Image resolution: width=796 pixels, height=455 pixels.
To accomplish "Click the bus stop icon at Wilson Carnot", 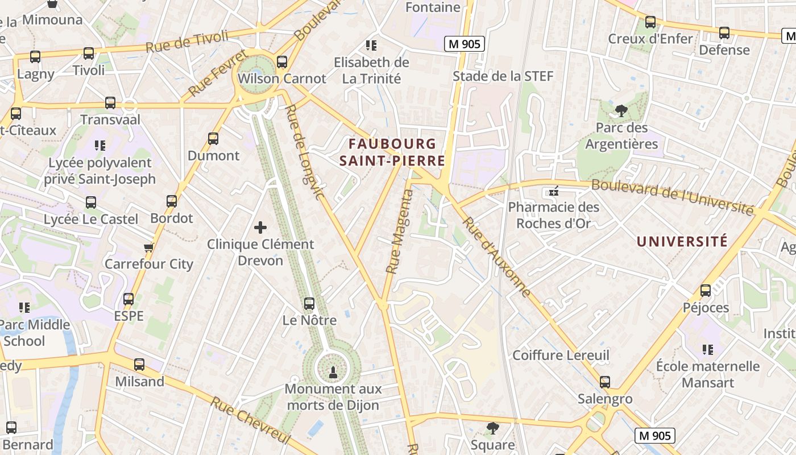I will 282,62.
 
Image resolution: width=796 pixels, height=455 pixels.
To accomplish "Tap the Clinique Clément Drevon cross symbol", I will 260,227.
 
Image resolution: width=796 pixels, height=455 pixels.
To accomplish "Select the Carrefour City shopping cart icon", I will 149,247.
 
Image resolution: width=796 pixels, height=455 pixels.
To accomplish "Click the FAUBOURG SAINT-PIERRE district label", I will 392,152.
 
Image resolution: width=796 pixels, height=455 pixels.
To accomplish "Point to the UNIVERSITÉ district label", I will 682,241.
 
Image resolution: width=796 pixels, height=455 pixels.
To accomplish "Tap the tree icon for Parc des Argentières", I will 621,111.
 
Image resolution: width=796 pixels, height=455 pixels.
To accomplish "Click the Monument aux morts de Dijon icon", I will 333,373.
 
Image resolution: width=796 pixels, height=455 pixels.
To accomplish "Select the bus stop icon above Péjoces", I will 706,291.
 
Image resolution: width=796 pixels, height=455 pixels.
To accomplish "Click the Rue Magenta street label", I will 399,231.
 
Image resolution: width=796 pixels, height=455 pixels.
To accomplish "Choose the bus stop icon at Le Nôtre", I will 309,304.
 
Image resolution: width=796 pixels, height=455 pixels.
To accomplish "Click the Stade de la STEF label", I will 503,76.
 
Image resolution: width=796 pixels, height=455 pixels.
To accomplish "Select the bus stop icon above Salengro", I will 605,382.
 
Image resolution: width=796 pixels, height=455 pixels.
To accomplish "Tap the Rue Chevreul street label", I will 250,421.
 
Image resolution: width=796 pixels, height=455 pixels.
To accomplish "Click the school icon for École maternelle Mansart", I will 708,349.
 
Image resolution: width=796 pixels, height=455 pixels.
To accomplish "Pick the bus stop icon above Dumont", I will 213,138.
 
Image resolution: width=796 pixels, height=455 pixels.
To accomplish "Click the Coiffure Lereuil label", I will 561,355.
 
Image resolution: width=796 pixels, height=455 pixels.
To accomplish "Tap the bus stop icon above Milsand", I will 139,365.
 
